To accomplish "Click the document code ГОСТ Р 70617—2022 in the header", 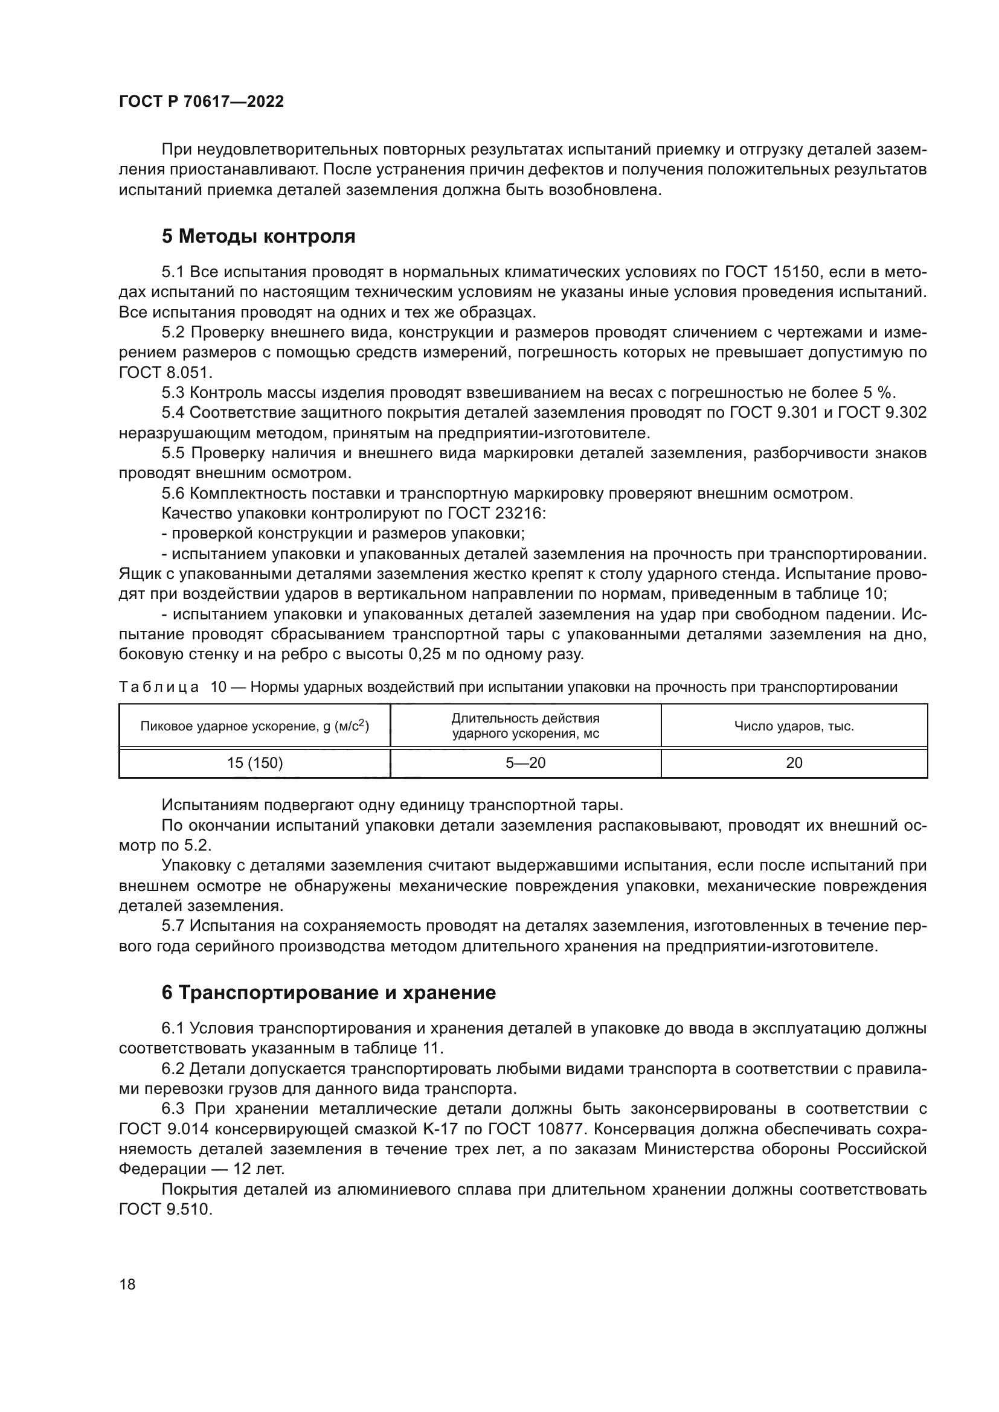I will (x=201, y=102).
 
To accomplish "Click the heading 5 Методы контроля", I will (x=259, y=236).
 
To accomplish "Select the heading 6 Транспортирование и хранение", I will (x=329, y=992).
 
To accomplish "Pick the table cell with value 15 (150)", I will (x=255, y=763).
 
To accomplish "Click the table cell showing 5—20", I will (x=525, y=763).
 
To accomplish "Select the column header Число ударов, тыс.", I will (x=794, y=726).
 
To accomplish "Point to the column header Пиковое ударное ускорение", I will (x=255, y=726).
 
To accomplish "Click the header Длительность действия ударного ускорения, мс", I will (x=525, y=726).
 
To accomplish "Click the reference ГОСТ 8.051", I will (x=165, y=372).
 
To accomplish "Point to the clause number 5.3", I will (x=173, y=393).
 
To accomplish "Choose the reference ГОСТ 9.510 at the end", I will (x=165, y=1209).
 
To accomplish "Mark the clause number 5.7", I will (x=173, y=925).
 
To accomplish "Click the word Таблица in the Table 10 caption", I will (x=159, y=687).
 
